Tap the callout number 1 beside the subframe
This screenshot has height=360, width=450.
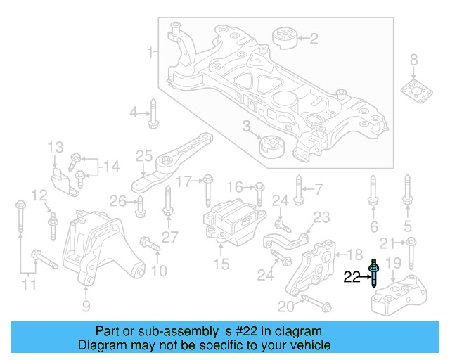pyautogui.click(x=150, y=52)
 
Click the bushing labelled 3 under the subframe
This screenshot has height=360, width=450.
pyautogui.click(x=270, y=147)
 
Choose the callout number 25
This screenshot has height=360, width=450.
pyautogui.click(x=144, y=155)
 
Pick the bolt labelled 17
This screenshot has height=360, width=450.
pyautogui.click(x=208, y=190)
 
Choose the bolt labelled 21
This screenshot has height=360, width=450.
pyautogui.click(x=412, y=247)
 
